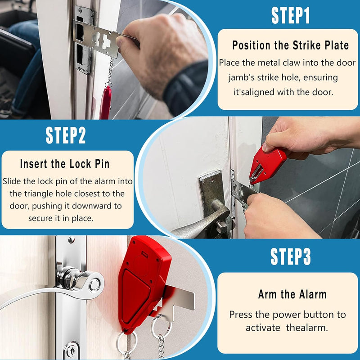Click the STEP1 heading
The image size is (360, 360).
coord(290,15)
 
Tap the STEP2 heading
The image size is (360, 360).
coord(66,135)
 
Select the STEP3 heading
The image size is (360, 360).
coord(291,256)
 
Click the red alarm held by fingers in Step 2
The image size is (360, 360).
coord(267,165)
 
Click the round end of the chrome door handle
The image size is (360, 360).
coord(94,285)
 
